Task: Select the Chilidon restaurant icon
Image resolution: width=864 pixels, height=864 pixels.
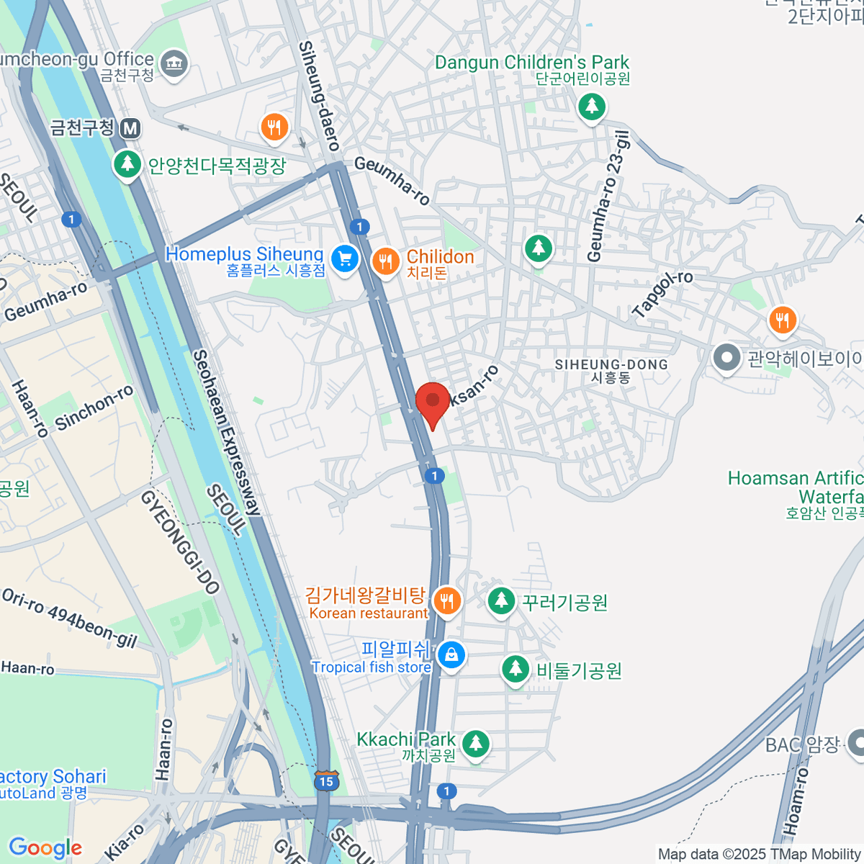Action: click(x=386, y=261)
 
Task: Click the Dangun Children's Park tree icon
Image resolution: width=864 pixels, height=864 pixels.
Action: click(x=592, y=107)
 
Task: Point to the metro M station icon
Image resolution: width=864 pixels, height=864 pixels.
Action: click(x=130, y=129)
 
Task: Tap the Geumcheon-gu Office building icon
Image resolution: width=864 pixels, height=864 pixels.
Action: click(x=174, y=64)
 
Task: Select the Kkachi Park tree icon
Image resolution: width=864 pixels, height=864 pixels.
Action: click(x=474, y=743)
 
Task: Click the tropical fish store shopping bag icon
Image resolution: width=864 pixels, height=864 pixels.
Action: click(x=451, y=655)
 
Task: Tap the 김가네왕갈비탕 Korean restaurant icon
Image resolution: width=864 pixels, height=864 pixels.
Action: click(x=447, y=600)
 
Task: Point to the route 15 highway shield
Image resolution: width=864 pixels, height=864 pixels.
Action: click(x=325, y=780)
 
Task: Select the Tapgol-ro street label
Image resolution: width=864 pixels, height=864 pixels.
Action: click(x=662, y=294)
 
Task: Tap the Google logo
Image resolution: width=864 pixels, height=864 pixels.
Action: click(x=45, y=847)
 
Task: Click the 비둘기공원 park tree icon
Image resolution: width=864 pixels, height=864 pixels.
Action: click(x=516, y=669)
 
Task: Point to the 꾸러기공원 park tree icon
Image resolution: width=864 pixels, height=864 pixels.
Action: click(x=500, y=600)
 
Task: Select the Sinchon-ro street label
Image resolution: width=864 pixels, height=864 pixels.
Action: click(x=94, y=407)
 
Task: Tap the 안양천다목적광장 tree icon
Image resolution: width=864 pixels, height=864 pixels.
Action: click(x=127, y=164)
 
